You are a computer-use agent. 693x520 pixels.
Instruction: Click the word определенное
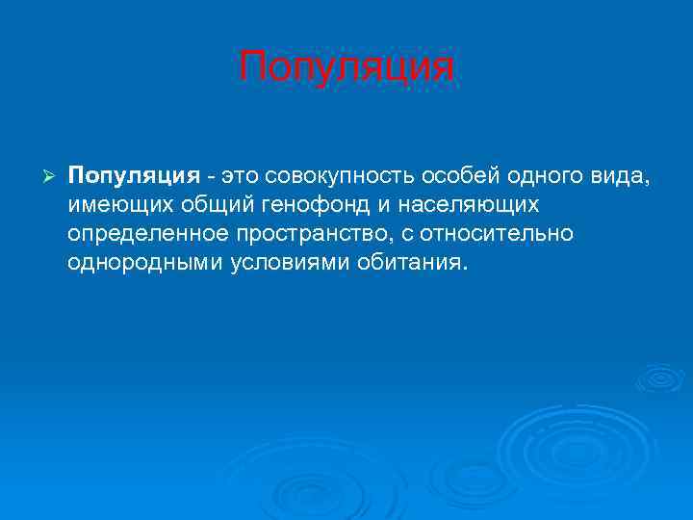(146, 235)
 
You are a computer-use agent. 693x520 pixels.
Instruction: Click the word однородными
(145, 263)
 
